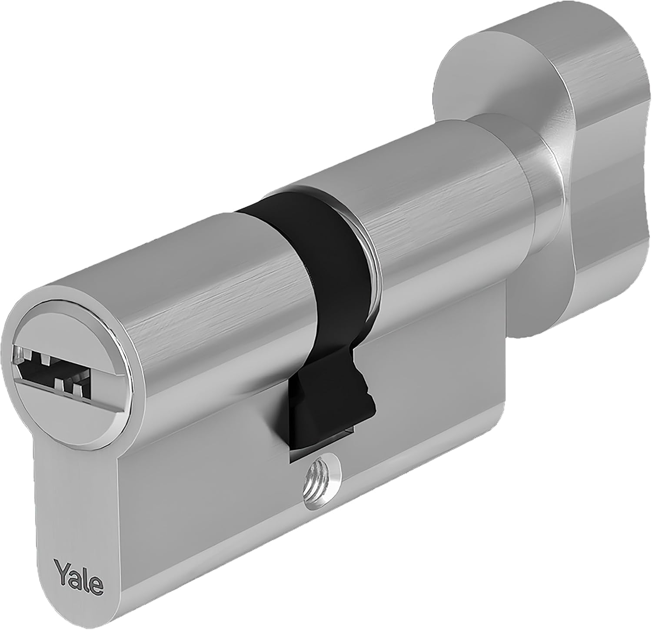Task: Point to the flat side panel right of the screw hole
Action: click(435, 413)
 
